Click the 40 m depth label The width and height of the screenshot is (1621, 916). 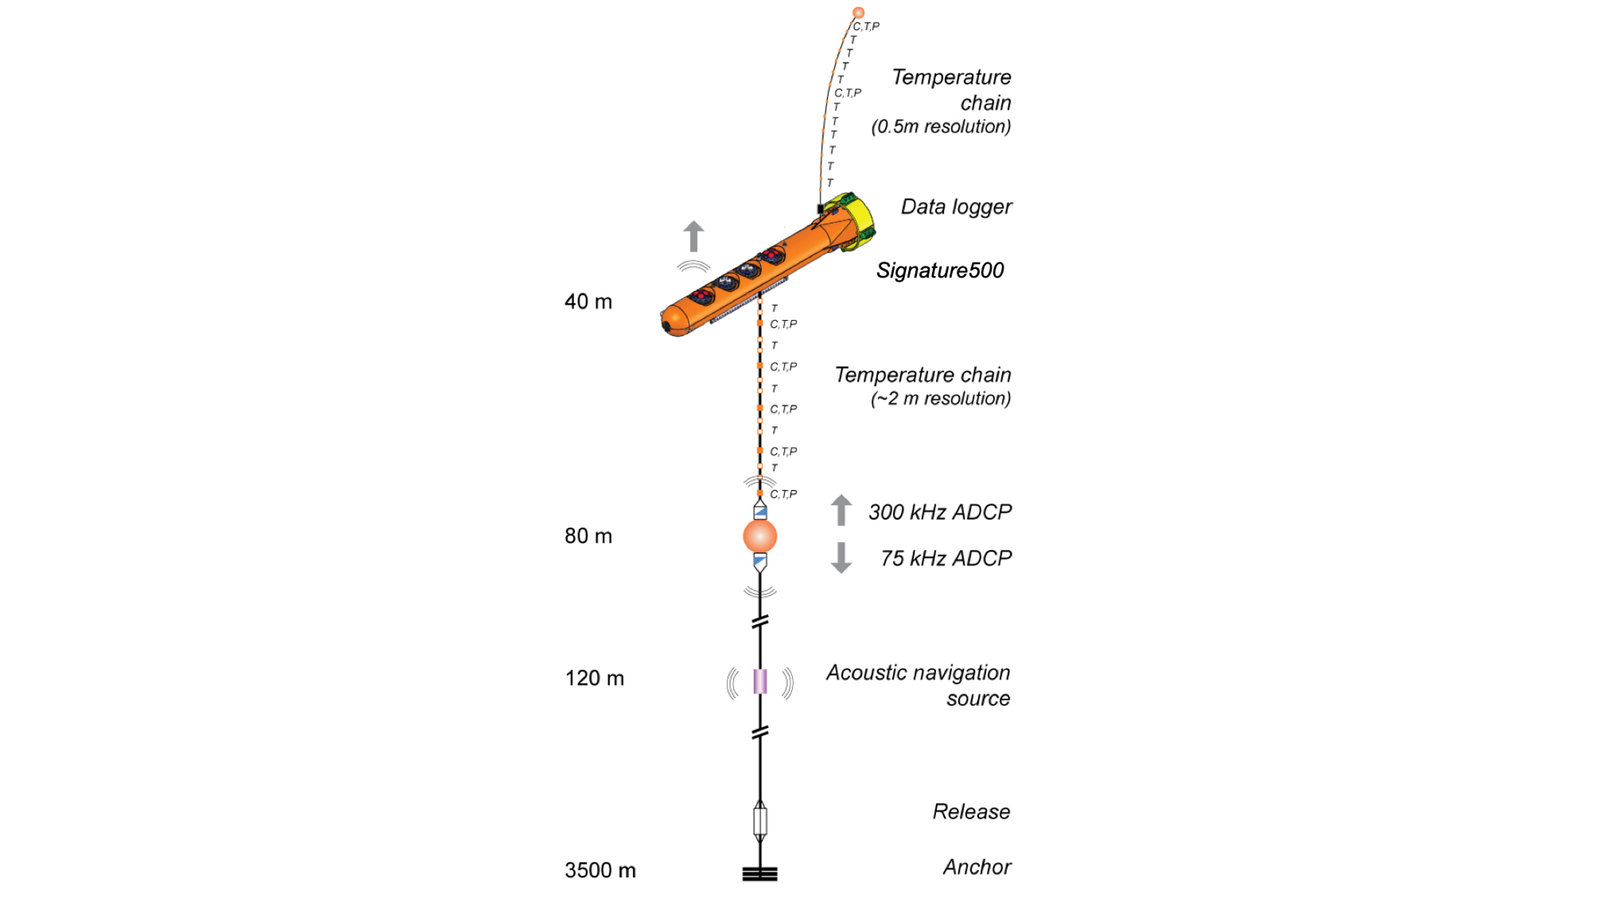click(x=588, y=301)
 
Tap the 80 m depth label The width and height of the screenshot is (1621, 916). click(x=588, y=536)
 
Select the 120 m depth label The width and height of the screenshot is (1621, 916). click(x=594, y=678)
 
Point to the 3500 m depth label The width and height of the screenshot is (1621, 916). click(x=600, y=871)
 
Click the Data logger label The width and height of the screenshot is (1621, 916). click(x=955, y=207)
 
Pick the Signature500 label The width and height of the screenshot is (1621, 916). click(x=940, y=270)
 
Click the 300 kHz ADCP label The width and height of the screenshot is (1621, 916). click(x=940, y=512)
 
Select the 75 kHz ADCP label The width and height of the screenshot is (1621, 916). click(x=945, y=559)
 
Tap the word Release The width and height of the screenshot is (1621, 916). click(x=971, y=811)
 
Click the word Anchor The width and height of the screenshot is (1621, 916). click(x=977, y=867)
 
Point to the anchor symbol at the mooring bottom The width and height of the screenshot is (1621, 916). click(x=759, y=874)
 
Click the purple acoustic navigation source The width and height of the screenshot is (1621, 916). click(x=760, y=681)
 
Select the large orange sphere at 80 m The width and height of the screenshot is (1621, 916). click(x=760, y=536)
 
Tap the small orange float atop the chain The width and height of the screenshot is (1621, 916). click(x=858, y=13)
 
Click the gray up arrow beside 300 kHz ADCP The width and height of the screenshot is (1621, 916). click(x=841, y=509)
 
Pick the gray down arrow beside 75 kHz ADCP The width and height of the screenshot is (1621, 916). click(x=841, y=558)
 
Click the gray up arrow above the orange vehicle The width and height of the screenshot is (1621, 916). click(x=693, y=236)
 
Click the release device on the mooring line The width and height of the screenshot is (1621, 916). click(x=760, y=821)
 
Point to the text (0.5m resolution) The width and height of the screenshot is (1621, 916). click(x=940, y=127)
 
